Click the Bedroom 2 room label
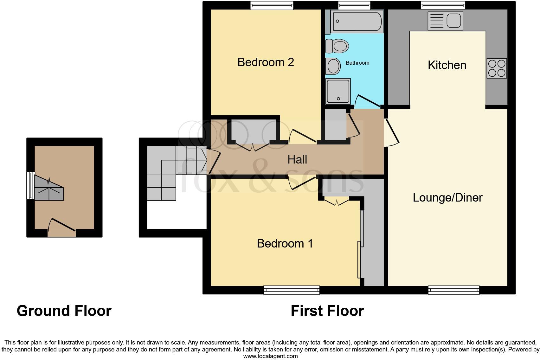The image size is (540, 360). coord(266,62)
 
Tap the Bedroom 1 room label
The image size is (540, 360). coord(285,243)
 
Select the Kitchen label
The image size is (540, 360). coord(447,65)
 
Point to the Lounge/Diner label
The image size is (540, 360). coord(447,198)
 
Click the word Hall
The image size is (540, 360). coord(297,159)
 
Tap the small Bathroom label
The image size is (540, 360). coord(357,63)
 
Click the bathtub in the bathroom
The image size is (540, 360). coord(357,22)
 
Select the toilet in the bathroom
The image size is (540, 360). coord(337,46)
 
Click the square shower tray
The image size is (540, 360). coord(338,91)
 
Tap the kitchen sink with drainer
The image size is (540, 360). coord(445,21)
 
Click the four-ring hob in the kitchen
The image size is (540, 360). coord(497,68)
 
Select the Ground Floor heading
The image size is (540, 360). coord(64,311)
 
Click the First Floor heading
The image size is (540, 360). coord(327,311)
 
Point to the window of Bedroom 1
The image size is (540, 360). coord(292,290)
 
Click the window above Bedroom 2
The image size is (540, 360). coord(272,5)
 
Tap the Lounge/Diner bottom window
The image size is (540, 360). coord(453,290)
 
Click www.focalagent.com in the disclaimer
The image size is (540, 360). coord(270,356)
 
